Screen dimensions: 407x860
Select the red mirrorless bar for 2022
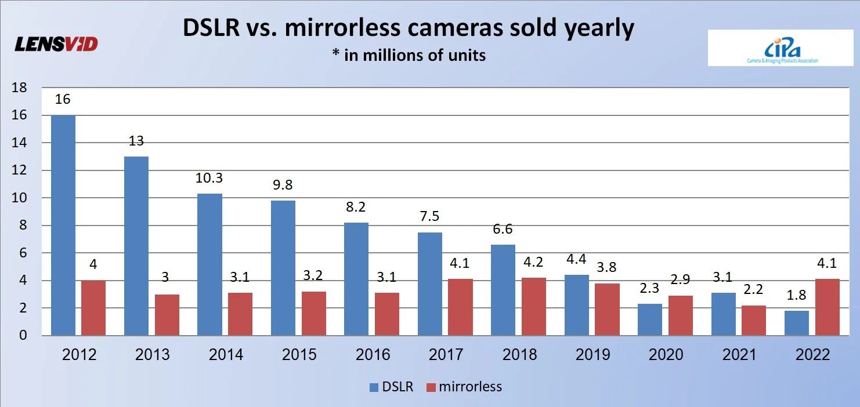(x=827, y=307)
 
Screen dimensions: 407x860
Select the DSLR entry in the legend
(x=391, y=387)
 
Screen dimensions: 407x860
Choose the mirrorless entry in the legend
(x=464, y=387)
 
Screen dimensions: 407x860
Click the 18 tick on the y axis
(x=20, y=88)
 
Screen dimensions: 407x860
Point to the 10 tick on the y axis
(x=20, y=198)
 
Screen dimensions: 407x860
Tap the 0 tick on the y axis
(x=23, y=336)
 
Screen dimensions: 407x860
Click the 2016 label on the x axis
(x=373, y=355)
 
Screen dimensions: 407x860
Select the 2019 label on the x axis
(x=592, y=355)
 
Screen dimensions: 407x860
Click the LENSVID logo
(x=56, y=44)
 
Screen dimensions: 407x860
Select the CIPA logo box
(x=772, y=48)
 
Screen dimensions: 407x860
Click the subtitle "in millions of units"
(x=409, y=56)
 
